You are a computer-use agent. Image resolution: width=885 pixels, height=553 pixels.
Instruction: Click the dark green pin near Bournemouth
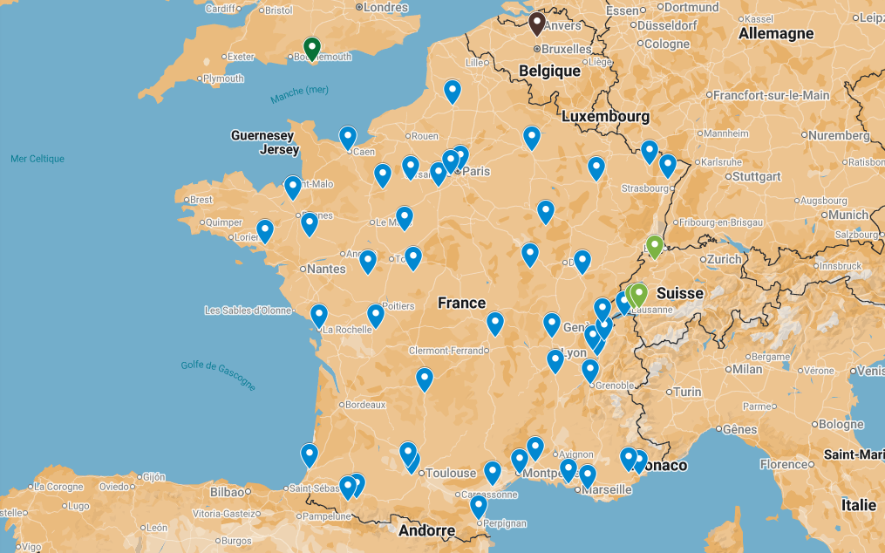pos(311,47)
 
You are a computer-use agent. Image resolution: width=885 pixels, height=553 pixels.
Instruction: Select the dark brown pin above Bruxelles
pos(537,23)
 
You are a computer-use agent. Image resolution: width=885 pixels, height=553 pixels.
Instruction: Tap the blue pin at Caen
pos(348,137)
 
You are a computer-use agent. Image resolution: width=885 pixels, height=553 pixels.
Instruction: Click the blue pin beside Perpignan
pos(478,506)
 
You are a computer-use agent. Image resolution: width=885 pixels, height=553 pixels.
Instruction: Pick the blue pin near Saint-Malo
pos(293,187)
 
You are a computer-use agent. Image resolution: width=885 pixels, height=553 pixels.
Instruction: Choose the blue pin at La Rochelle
pos(319,315)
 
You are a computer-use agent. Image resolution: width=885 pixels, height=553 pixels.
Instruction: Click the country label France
pos(461,303)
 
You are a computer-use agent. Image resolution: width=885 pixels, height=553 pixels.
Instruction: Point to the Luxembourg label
pos(605,116)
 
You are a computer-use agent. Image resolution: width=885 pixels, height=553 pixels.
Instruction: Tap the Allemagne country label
pos(775,34)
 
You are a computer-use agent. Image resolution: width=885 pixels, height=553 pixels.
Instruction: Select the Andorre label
pos(426,530)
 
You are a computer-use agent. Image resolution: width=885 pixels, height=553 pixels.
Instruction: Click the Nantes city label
pos(326,269)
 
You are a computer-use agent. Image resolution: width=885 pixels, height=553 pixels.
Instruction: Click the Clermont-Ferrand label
pos(446,351)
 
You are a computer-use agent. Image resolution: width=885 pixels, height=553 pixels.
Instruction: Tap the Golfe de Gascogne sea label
pos(219,375)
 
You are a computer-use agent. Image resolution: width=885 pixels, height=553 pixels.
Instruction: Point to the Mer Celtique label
pos(37,159)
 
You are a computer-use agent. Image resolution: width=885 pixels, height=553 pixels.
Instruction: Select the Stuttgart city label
pos(756,175)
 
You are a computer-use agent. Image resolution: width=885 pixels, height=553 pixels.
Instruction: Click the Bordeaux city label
pos(365,405)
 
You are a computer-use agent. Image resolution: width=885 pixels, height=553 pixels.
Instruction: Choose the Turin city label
pos(687,392)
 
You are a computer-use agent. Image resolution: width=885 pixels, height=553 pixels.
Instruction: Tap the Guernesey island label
pos(262,135)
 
